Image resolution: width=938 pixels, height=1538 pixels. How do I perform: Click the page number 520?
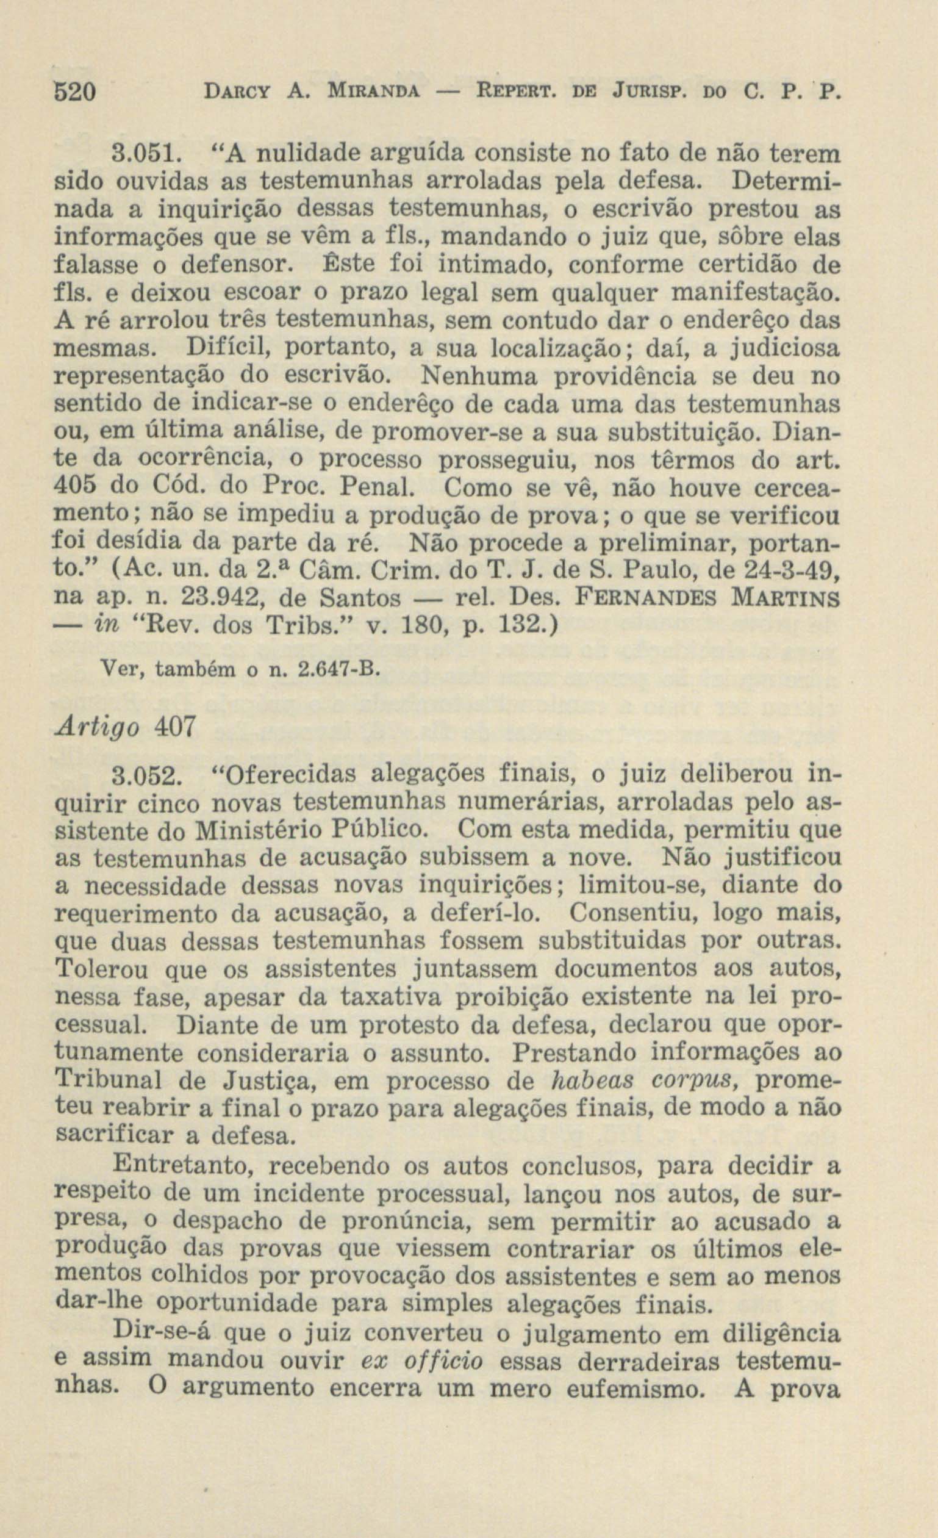pyautogui.click(x=74, y=93)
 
